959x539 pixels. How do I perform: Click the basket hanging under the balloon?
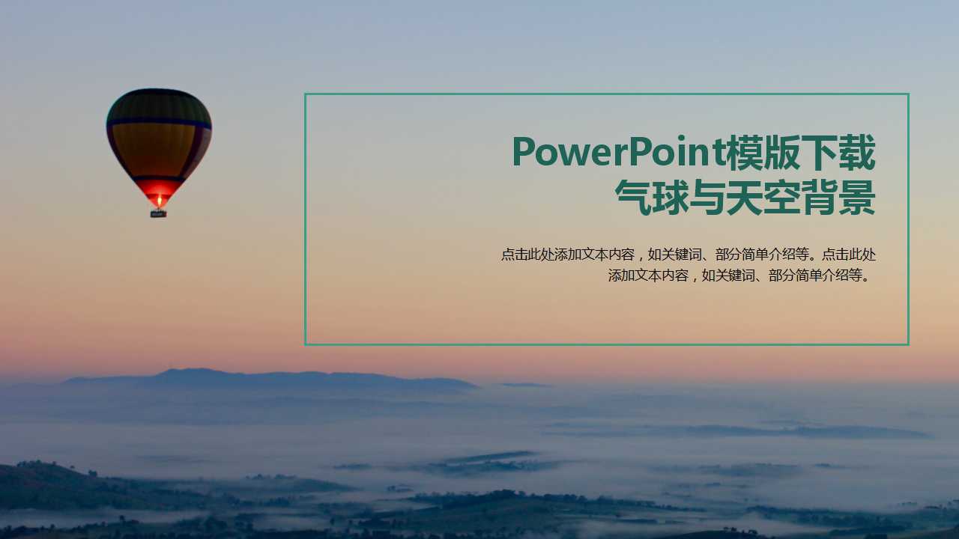click(x=158, y=213)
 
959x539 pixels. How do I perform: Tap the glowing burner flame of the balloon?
click(x=158, y=200)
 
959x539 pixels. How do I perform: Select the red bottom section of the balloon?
click(x=158, y=189)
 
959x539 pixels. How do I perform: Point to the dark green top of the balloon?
click(x=159, y=103)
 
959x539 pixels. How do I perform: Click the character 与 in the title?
click(x=708, y=198)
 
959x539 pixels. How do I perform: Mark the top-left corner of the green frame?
click(x=306, y=94)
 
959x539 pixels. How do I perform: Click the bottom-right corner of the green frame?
click(x=908, y=344)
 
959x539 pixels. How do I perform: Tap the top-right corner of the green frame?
click(x=908, y=94)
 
